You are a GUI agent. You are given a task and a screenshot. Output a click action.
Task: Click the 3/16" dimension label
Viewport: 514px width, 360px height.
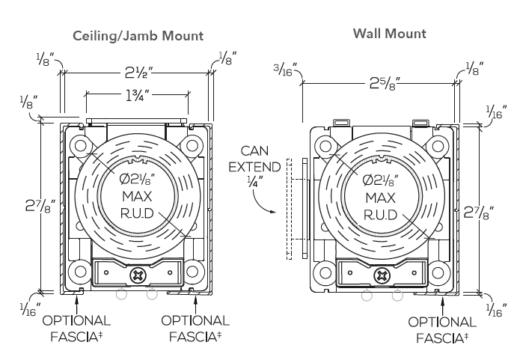(x=285, y=70)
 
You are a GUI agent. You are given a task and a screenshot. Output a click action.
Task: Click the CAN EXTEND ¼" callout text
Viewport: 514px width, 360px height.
(x=254, y=165)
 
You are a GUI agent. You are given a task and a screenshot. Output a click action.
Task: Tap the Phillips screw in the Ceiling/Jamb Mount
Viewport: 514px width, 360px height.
(x=138, y=275)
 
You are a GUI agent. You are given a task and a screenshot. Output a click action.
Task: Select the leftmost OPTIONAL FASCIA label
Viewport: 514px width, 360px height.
(x=78, y=328)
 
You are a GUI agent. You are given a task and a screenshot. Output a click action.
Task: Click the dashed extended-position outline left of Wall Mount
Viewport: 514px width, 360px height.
(x=288, y=209)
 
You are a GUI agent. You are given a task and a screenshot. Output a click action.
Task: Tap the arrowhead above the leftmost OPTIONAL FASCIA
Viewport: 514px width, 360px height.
(x=77, y=299)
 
